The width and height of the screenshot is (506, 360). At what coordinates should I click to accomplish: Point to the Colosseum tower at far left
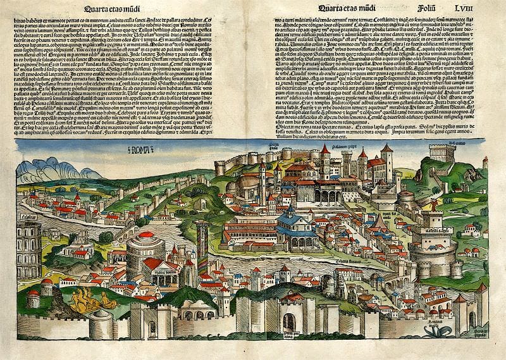[x=29, y=249]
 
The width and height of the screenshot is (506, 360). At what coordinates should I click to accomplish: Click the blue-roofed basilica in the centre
[x=295, y=227]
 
